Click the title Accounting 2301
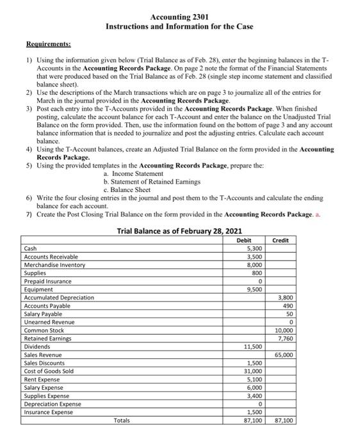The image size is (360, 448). click(179, 16)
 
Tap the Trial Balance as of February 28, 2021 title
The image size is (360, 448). click(179, 231)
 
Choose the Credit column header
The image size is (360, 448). click(281, 241)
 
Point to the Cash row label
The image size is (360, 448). click(30, 248)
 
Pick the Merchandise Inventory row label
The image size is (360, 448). click(53, 265)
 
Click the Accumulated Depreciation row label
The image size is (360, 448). click(58, 298)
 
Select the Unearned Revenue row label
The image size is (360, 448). click(49, 322)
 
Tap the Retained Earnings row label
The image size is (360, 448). click(48, 338)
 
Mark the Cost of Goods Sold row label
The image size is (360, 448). click(48, 371)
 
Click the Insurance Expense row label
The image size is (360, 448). click(49, 412)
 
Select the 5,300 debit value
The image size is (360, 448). click(254, 248)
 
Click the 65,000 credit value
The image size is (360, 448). click(284, 355)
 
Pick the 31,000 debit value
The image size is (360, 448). click(254, 371)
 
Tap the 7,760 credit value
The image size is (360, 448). click(286, 338)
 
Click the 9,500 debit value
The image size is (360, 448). click(254, 289)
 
